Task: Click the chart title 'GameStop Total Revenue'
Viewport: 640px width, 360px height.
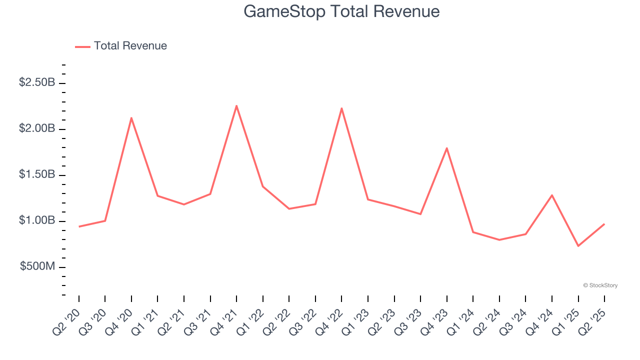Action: [341, 11]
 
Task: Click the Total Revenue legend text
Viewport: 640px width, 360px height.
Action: [130, 46]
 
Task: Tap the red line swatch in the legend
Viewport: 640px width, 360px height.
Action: [82, 46]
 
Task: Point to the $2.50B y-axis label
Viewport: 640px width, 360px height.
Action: [37, 82]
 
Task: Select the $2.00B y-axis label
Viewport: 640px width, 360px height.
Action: [37, 128]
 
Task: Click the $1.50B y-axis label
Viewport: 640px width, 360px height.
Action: [37, 174]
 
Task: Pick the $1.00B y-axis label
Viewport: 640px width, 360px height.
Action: [37, 220]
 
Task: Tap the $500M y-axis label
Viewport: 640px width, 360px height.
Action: [37, 266]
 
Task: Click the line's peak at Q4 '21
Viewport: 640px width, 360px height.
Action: [236, 105]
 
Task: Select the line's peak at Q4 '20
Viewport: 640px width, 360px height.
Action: [131, 118]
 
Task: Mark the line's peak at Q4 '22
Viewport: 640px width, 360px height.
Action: [341, 108]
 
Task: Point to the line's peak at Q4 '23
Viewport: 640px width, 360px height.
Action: [446, 148]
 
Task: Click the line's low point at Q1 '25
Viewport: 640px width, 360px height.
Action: [578, 246]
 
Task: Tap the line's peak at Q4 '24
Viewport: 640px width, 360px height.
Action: [552, 195]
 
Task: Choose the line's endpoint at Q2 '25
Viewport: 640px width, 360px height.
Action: [604, 224]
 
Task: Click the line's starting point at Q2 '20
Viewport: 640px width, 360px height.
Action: [79, 226]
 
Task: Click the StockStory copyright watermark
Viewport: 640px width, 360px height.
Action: [600, 285]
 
